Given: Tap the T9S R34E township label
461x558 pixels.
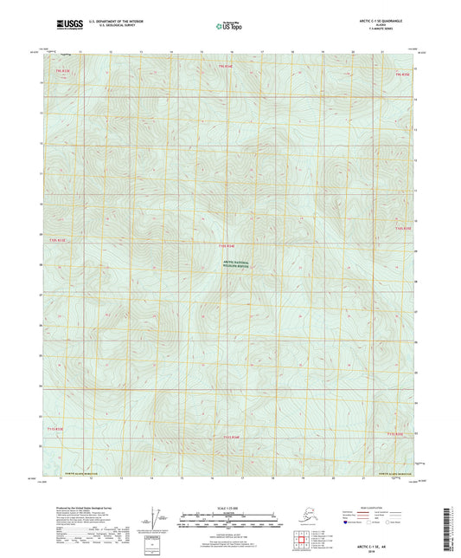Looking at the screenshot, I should click(226, 65).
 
